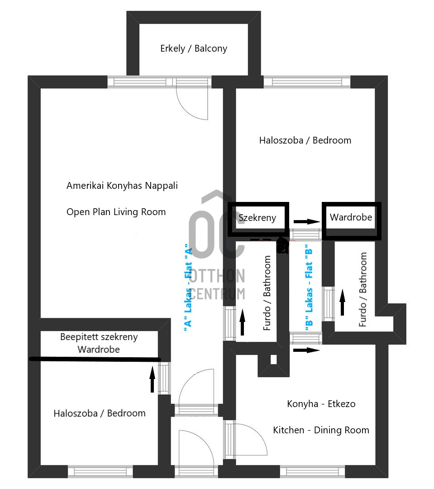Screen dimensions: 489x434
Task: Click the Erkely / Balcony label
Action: (x=194, y=48)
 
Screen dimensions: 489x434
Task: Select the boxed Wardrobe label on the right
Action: (x=351, y=217)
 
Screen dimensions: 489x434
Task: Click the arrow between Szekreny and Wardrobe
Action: (x=306, y=222)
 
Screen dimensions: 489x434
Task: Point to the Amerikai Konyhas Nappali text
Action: (x=122, y=186)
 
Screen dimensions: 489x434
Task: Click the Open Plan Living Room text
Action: (x=116, y=212)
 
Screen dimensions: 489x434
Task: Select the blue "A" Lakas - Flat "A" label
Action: (x=189, y=290)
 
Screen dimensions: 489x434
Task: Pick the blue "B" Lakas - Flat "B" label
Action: (x=310, y=290)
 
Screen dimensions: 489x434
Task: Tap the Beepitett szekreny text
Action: (x=99, y=337)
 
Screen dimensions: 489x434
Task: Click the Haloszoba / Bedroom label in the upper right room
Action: (x=305, y=140)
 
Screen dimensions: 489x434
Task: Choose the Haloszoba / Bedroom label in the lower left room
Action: (x=100, y=413)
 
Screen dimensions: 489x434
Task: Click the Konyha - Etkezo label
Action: (x=321, y=404)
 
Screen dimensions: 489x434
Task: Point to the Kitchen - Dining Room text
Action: (x=321, y=430)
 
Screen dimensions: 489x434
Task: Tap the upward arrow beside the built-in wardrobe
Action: (x=152, y=379)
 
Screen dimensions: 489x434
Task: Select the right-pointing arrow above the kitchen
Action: (x=306, y=350)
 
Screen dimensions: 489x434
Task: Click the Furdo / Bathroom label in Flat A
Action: (x=267, y=293)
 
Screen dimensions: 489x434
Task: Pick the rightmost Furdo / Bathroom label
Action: (x=362, y=290)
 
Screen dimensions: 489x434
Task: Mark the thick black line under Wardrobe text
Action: (x=95, y=360)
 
